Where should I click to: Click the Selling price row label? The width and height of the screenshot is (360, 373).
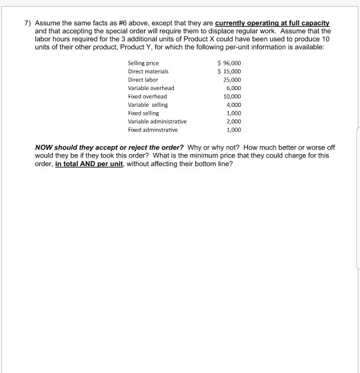(143, 62)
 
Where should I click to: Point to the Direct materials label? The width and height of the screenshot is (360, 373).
(148, 71)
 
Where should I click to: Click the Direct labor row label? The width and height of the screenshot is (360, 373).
(144, 79)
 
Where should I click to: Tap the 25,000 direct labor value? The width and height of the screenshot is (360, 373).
(230, 79)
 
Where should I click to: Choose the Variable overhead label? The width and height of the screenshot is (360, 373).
(151, 87)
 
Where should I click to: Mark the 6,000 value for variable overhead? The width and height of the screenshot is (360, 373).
(232, 87)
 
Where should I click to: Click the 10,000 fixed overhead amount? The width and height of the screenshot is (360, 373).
(230, 96)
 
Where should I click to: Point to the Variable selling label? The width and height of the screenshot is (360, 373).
(147, 105)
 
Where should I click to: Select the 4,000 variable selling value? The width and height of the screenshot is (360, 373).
(232, 105)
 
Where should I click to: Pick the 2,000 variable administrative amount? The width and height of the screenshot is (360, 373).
(232, 122)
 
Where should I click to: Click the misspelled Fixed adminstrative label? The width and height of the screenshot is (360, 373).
(153, 131)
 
